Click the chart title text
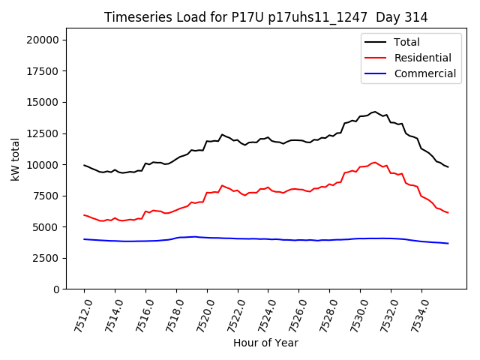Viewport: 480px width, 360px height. click(265, 17)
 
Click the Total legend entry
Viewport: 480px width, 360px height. click(406, 42)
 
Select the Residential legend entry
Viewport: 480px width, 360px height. click(422, 58)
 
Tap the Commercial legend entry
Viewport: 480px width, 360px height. click(424, 73)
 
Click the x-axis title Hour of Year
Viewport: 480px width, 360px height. click(265, 343)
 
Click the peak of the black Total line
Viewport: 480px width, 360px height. click(375, 112)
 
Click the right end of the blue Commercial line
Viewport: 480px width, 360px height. click(448, 243)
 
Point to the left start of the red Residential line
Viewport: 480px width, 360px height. click(84, 215)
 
